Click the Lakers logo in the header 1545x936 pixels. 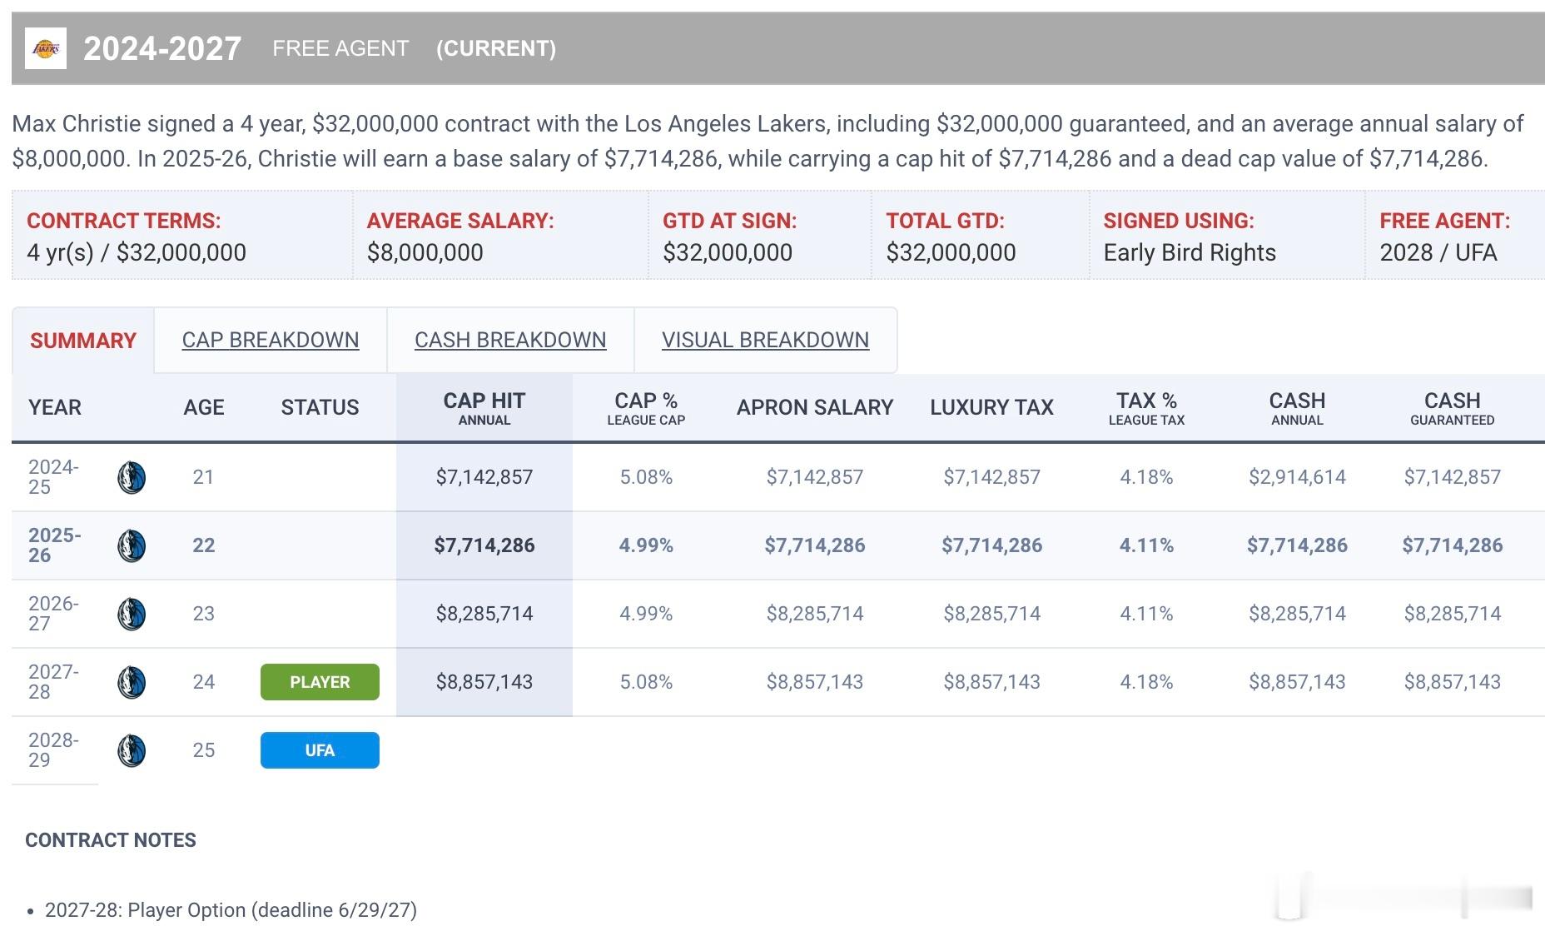(x=46, y=48)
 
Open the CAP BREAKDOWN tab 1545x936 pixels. (x=271, y=340)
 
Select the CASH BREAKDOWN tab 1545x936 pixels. (x=510, y=340)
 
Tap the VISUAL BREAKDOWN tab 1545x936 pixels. (x=765, y=340)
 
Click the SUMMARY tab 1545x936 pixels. (x=83, y=341)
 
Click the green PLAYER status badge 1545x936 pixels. (x=320, y=682)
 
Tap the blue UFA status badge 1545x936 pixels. (x=320, y=750)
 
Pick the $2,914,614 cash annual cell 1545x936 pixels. (x=1297, y=477)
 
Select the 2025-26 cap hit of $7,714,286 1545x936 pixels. (x=484, y=545)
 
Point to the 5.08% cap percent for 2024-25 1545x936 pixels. (x=646, y=477)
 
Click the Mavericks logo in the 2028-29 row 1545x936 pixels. (x=132, y=750)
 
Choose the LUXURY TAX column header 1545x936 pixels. (x=991, y=407)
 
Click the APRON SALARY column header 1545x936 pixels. (x=815, y=407)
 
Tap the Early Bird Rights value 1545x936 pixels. (x=1190, y=252)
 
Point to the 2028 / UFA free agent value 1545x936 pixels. (x=1438, y=252)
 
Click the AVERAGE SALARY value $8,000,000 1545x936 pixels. (x=425, y=252)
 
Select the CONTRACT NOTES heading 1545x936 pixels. (x=111, y=839)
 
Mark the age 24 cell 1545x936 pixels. (x=203, y=682)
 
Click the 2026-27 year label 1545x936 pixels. (x=53, y=614)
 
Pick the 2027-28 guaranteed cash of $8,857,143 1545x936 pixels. (x=1452, y=682)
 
